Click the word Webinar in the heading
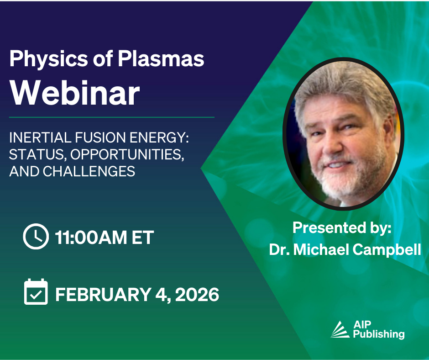click(75, 93)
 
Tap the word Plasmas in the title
click(161, 58)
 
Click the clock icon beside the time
click(36, 236)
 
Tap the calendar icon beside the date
click(36, 292)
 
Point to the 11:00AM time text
click(91, 237)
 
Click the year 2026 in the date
click(197, 295)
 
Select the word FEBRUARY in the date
click(104, 295)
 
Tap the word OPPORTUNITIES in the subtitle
click(127, 155)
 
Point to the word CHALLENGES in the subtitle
click(89, 171)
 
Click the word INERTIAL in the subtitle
click(41, 138)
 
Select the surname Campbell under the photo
click(387, 249)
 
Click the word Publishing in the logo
click(379, 334)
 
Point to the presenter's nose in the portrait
click(332, 147)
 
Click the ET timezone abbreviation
click(142, 237)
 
